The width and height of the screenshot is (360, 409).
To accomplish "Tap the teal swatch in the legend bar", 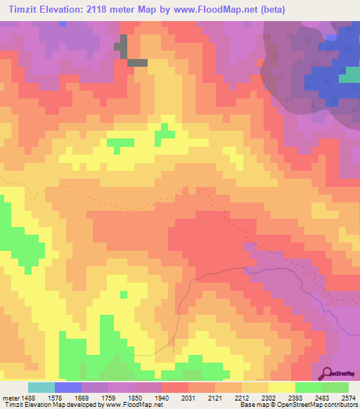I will tap(41, 387).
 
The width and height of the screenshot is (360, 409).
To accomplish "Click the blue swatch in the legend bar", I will tap(67, 387).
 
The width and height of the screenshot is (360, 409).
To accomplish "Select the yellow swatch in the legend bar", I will tap(281, 387).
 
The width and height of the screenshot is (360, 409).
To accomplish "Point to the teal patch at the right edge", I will tap(349, 74).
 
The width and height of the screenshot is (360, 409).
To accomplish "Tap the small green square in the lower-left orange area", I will tap(124, 294).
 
